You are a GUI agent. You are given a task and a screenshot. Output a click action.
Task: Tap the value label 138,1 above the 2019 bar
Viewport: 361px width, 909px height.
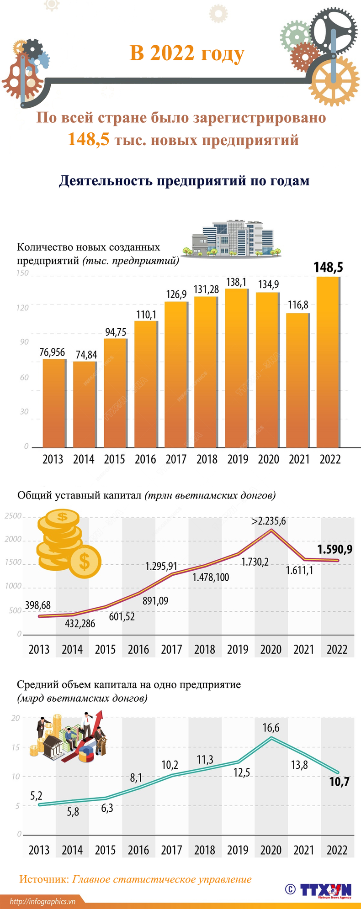pyautogui.click(x=236, y=282)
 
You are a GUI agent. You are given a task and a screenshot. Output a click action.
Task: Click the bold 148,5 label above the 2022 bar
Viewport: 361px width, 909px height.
pyautogui.click(x=328, y=267)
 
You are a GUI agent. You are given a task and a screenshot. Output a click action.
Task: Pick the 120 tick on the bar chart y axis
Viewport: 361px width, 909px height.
pyautogui.click(x=23, y=308)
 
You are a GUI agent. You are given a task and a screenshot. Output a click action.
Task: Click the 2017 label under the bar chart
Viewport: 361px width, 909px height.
pyautogui.click(x=176, y=459)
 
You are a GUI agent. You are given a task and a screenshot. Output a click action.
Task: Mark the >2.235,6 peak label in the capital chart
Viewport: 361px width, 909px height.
pyautogui.click(x=269, y=521)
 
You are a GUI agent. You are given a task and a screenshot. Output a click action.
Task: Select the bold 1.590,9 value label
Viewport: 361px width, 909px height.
pyautogui.click(x=335, y=549)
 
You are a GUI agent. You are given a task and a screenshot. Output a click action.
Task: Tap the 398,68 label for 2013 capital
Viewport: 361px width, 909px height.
pyautogui.click(x=38, y=605)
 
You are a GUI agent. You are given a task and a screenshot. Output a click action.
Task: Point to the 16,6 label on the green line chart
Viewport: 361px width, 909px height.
pyautogui.click(x=271, y=728)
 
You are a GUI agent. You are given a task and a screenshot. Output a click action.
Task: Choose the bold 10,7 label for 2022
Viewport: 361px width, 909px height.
pyautogui.click(x=339, y=782)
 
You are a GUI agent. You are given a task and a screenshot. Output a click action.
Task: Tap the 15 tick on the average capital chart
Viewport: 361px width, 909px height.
pyautogui.click(x=16, y=747)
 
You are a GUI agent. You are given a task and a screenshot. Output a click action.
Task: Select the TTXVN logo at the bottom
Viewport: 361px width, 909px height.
pyautogui.click(x=325, y=890)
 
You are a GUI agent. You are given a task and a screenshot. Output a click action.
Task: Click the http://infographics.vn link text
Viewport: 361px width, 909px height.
pyautogui.click(x=42, y=902)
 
